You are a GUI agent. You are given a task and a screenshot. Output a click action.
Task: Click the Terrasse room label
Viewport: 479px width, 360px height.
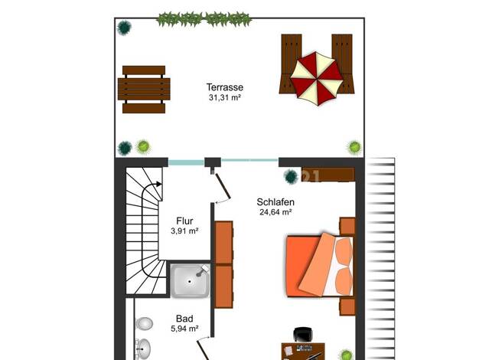225,87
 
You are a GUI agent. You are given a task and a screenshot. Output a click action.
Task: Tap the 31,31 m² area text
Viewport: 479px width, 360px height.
225,97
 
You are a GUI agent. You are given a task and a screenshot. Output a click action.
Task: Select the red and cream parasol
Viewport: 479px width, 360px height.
317,79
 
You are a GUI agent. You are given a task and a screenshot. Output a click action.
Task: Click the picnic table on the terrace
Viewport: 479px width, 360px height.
144,90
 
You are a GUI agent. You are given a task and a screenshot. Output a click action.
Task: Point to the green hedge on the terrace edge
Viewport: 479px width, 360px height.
204,19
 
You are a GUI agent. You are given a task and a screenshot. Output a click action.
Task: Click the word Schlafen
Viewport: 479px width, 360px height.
275,202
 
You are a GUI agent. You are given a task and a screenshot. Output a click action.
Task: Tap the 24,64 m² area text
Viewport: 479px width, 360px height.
275,212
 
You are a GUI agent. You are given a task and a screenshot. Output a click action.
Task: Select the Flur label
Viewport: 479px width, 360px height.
184,221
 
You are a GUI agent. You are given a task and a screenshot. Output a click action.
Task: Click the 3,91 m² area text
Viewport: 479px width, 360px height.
184,231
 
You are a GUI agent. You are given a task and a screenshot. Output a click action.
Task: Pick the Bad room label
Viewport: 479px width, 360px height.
184,319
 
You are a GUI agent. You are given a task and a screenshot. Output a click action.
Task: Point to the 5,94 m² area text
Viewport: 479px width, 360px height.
184,329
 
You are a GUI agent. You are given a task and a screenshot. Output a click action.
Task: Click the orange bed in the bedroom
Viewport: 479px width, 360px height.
320,266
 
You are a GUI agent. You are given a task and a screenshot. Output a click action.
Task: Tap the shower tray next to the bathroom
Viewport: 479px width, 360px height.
191,281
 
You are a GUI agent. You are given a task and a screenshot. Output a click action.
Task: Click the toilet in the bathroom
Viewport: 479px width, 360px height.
144,323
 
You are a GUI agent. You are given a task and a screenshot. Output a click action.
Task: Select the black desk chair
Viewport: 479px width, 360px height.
303,335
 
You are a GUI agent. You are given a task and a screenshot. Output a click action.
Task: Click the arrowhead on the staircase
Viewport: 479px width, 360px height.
158,184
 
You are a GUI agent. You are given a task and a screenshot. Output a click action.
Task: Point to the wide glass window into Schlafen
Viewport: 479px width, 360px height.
249,160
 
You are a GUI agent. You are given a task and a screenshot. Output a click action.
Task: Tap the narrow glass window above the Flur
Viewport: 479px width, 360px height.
186,162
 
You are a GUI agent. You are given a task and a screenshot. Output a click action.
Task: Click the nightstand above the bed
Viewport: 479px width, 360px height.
347,226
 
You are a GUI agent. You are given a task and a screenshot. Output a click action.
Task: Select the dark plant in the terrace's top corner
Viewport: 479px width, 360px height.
124,28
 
